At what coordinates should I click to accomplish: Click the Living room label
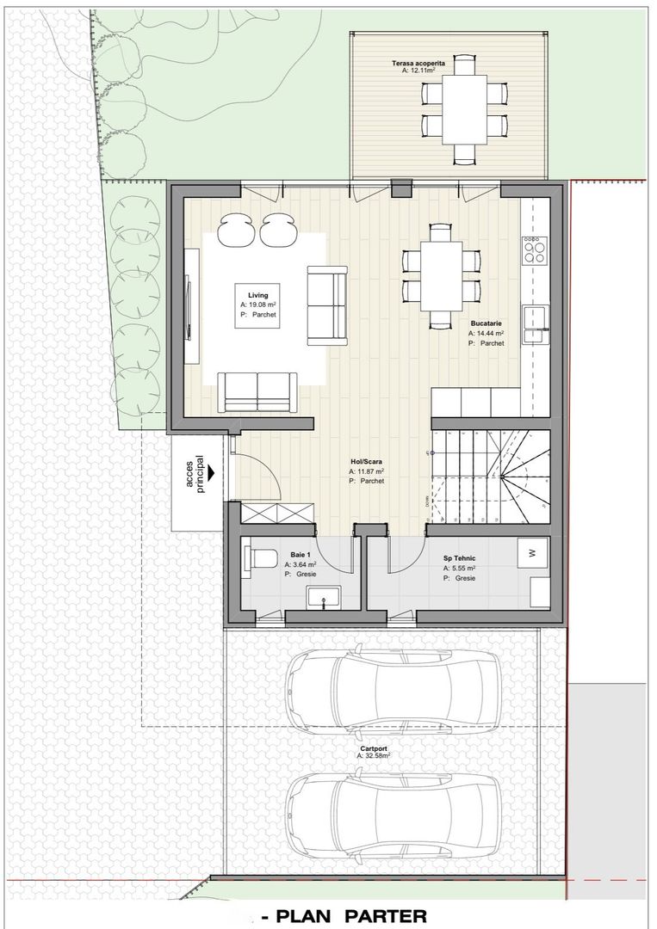[x=258, y=295]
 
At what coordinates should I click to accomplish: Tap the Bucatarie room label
[x=487, y=323]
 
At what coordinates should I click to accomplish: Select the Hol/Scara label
[x=367, y=462]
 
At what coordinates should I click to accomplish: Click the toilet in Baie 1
[x=261, y=561]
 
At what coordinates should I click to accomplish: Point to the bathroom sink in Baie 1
[x=323, y=597]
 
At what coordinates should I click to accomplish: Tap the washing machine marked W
[x=532, y=553]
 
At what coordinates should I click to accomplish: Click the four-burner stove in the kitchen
[x=534, y=250]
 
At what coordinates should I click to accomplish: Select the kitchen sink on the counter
[x=536, y=324]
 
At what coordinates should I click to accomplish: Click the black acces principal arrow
[x=210, y=473]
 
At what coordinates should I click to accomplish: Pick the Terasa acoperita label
[x=418, y=63]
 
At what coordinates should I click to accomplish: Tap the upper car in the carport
[x=394, y=692]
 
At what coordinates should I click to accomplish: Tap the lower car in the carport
[x=394, y=813]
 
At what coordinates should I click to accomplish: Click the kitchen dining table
[x=442, y=276]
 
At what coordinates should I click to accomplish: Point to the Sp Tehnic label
[x=460, y=558]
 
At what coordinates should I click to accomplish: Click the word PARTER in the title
[x=387, y=917]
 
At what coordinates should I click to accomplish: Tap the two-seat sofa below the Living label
[x=257, y=392]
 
